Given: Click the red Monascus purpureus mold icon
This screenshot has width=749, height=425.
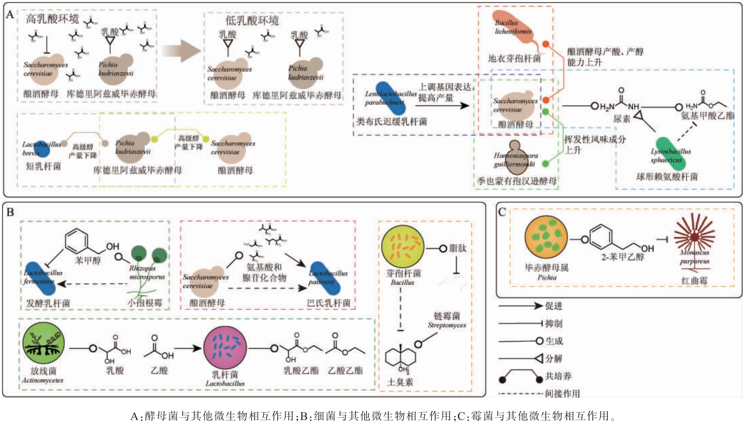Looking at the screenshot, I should point(694,237).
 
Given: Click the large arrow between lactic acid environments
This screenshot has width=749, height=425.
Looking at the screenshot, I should point(181,51).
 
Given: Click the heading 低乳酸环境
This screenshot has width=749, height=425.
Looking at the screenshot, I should point(252,21).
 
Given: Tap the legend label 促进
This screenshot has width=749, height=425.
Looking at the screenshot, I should point(553,306).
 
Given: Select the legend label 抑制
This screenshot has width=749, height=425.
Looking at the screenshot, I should point(553,324).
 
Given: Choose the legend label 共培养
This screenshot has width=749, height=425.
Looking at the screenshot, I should point(558,376).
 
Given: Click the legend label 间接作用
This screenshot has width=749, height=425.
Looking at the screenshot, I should point(562,394).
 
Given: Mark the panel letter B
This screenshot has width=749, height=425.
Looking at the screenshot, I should point(10,212).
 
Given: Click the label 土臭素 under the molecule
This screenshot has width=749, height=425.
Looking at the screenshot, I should point(400,382).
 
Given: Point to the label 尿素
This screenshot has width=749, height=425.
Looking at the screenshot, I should point(621,119).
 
